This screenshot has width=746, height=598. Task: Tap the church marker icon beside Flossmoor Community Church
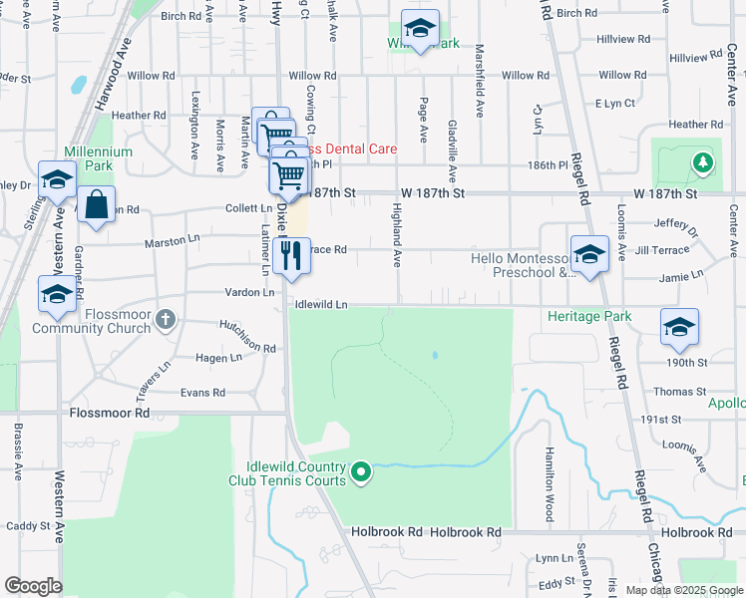click(167, 320)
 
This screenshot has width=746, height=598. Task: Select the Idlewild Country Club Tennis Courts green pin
click(362, 471)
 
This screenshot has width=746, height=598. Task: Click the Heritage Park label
click(589, 317)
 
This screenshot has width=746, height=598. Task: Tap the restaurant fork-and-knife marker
click(291, 256)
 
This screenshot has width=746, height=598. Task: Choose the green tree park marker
click(704, 161)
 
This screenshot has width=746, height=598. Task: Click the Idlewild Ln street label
click(320, 304)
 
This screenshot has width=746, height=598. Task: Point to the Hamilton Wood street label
click(549, 483)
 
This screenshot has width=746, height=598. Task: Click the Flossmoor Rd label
click(109, 412)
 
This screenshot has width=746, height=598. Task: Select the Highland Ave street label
click(397, 235)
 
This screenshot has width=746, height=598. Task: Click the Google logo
click(33, 586)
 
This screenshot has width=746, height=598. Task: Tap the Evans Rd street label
click(202, 393)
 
